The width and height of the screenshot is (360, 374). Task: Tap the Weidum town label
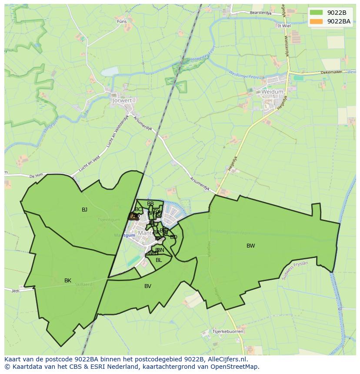pyautogui.click(x=273, y=92)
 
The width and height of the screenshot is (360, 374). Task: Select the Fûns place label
pyautogui.click(x=121, y=21)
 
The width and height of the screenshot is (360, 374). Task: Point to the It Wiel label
pyautogui.click(x=284, y=26)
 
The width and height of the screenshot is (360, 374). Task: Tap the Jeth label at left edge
pyautogui.click(x=15, y=291)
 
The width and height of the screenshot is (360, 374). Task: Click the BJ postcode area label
pyautogui.click(x=84, y=210)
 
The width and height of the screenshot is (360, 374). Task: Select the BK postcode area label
pyautogui.click(x=67, y=281)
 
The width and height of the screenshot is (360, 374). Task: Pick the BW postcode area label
pyautogui.click(x=250, y=246)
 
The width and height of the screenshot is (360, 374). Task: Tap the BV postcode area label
pyautogui.click(x=148, y=286)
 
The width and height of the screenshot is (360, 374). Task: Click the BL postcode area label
pyautogui.click(x=159, y=260)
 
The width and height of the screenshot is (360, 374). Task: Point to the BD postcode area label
pyautogui.click(x=173, y=237)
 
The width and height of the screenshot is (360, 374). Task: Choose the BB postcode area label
pyautogui.click(x=150, y=204)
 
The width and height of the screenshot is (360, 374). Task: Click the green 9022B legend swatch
pyautogui.click(x=316, y=13)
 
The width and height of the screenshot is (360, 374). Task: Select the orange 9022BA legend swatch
pyautogui.click(x=316, y=21)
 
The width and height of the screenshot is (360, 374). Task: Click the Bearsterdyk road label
pyautogui.click(x=260, y=13)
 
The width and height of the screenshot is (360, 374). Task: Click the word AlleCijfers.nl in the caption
pyautogui.click(x=226, y=360)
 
